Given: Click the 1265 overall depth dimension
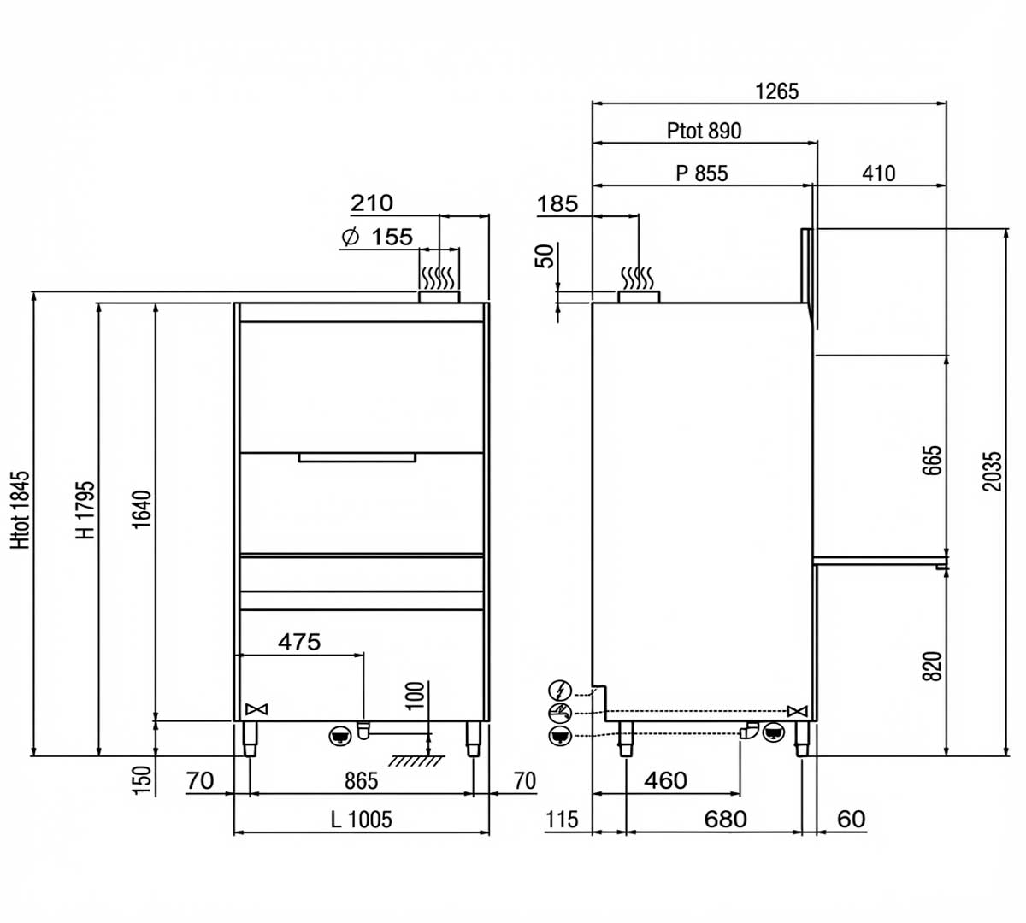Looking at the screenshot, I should click(x=776, y=91).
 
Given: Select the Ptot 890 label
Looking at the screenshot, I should click(x=704, y=131).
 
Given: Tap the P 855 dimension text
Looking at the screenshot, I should click(x=701, y=173).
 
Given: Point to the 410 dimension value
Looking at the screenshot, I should click(x=878, y=173).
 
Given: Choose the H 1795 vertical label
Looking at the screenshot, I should click(x=85, y=509).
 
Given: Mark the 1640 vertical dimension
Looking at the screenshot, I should click(x=142, y=509).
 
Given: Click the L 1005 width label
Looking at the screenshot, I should click(x=361, y=820).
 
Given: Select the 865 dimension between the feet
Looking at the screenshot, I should click(x=361, y=780).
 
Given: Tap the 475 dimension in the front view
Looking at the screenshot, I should click(x=299, y=641).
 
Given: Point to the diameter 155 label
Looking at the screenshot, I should click(x=377, y=237).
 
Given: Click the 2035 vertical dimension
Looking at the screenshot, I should click(x=992, y=471).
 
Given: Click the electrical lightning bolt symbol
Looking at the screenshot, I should click(x=560, y=689).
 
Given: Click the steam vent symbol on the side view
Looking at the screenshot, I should click(x=639, y=279).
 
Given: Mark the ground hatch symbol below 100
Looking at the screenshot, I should click(x=413, y=760).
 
